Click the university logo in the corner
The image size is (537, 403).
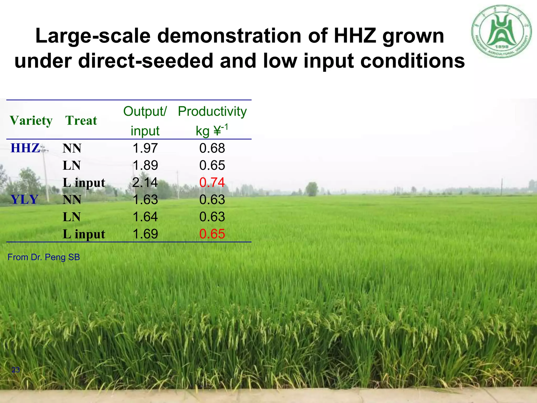502,31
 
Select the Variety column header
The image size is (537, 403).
31,121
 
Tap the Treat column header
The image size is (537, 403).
81,121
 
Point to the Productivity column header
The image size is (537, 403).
212,112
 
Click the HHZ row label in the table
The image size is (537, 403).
25,148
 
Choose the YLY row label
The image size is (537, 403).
25,200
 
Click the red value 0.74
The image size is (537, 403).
212,183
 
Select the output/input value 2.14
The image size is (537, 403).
145,183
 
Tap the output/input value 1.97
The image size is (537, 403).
145,148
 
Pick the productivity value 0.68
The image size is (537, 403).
212,148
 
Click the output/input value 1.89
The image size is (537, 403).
145,166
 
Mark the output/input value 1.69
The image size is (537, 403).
145,234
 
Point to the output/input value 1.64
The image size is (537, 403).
145,217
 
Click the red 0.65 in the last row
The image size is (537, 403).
212,234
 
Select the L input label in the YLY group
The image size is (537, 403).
84,234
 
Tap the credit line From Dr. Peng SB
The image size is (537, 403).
44,257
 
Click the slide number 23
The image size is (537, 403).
16,370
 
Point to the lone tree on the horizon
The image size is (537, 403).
312,189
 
